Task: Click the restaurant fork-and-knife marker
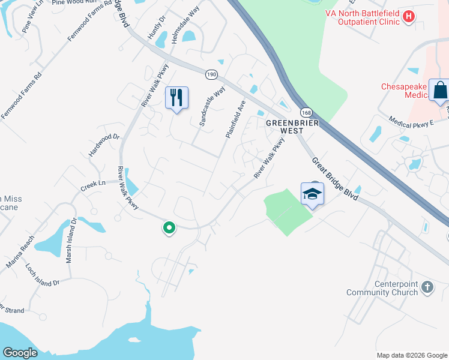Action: click(176, 97)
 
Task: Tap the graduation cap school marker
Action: click(312, 193)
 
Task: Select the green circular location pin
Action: click(169, 227)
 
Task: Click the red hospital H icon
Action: click(408, 16)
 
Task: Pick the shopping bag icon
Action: click(439, 90)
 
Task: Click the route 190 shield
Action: click(211, 74)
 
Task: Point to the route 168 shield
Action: click(306, 113)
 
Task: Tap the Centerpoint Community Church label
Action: click(382, 288)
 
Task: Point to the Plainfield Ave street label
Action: click(236, 119)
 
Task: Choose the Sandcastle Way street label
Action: click(212, 106)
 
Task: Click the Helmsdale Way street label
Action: click(185, 26)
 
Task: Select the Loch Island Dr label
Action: click(43, 274)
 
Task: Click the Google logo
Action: click(20, 353)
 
